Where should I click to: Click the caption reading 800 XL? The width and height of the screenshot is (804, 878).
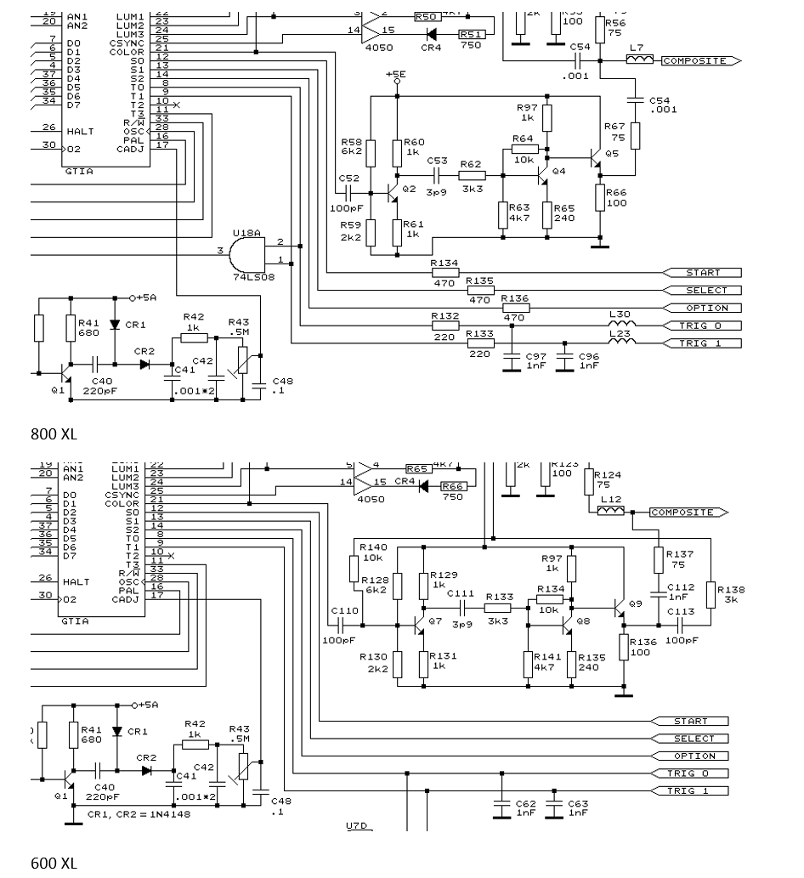pos(54,434)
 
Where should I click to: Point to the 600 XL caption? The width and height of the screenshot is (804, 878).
pos(54,864)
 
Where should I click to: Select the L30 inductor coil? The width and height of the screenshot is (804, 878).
pos(622,325)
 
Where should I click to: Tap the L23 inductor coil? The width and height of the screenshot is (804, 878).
pos(622,343)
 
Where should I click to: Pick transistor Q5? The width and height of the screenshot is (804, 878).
pos(596,160)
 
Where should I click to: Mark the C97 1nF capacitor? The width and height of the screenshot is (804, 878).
pos(512,361)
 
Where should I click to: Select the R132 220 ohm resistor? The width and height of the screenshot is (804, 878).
pos(444,326)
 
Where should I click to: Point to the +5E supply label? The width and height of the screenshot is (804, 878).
pos(396,75)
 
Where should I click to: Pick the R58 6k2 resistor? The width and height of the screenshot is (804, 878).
pos(371,153)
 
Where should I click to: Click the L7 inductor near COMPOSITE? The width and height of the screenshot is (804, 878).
pos(639,60)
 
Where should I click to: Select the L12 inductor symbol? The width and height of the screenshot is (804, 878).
pos(610,512)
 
